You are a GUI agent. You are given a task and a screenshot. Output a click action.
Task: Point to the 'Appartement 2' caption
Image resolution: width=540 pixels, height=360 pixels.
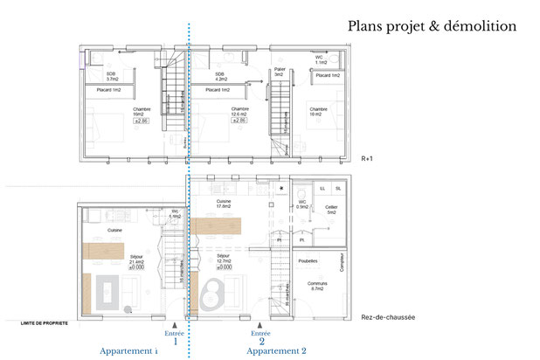(x=277, y=350)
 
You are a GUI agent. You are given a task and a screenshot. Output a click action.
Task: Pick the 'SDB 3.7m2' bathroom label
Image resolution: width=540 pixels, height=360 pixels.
(x=111, y=77)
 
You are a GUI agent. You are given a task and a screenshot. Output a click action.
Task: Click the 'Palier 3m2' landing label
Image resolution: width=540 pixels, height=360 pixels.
(x=280, y=72)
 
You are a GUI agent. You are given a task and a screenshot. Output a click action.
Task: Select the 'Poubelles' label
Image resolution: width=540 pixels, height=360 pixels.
(x=308, y=260)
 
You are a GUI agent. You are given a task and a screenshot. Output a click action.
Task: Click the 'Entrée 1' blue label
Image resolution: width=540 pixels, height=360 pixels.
(x=176, y=337)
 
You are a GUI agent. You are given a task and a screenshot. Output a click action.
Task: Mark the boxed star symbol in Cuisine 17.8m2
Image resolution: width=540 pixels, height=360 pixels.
(x=281, y=188)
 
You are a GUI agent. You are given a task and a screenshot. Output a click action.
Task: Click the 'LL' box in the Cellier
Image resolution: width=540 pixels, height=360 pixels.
(x=322, y=188)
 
